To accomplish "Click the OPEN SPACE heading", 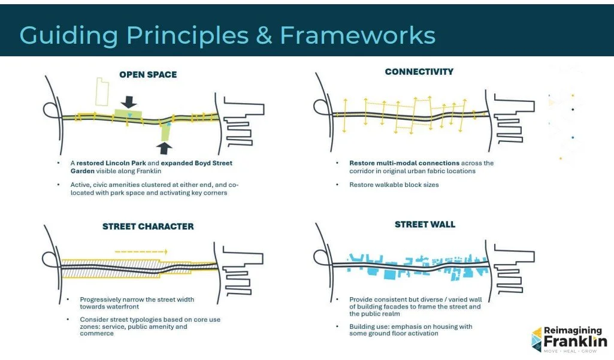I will [148, 75].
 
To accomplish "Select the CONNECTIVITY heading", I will [419, 72].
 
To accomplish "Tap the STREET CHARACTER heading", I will [148, 226].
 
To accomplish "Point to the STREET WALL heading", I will [425, 225].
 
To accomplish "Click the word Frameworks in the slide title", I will [358, 35].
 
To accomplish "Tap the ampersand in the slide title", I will [264, 35].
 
